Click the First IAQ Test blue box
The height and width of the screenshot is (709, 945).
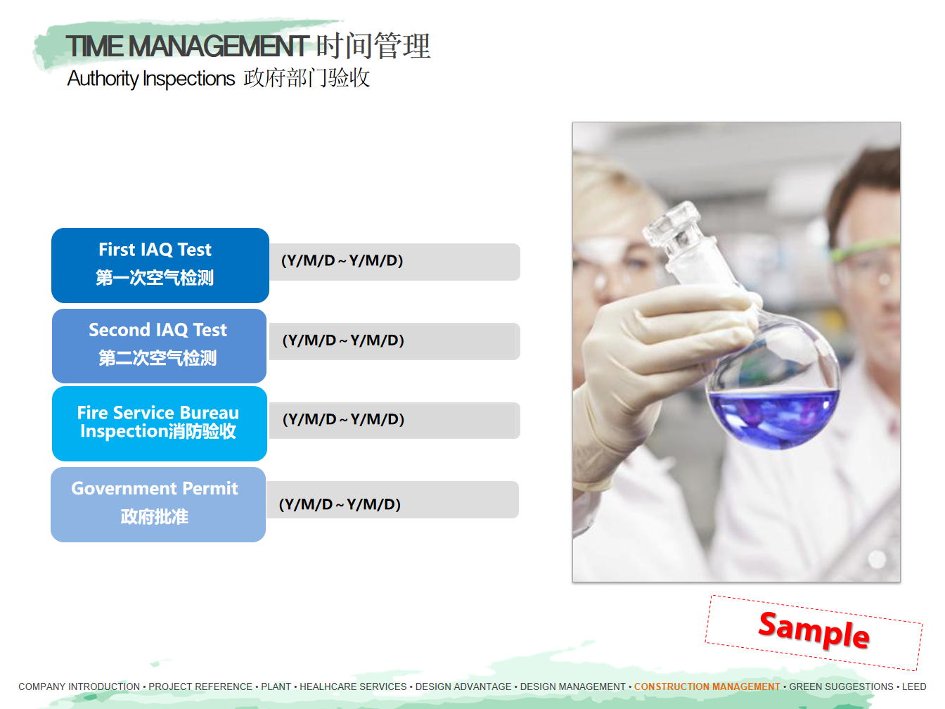(x=160, y=265)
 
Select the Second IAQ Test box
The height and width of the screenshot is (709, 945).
(x=160, y=345)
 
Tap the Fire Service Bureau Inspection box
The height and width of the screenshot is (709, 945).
(x=160, y=423)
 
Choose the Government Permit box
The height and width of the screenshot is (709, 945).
(x=158, y=504)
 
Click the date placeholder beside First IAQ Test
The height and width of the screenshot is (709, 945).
(x=342, y=260)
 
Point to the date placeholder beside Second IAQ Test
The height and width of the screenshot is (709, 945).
(x=343, y=340)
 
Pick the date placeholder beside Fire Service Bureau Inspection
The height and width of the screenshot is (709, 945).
(x=343, y=419)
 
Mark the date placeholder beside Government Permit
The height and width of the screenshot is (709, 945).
(x=340, y=504)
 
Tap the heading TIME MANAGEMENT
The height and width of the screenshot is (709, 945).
(x=187, y=46)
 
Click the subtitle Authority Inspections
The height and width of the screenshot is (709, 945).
(x=150, y=78)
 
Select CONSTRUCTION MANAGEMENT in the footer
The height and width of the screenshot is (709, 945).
(x=707, y=686)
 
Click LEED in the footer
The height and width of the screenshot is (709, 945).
(x=914, y=686)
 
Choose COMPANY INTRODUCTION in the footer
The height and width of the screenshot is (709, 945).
(x=79, y=686)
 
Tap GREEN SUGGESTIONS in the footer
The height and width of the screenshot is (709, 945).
(x=841, y=686)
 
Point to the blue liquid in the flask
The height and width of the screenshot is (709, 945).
(x=773, y=418)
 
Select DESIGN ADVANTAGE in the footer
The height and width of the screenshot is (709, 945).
(x=463, y=686)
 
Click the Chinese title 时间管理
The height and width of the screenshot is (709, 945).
(x=373, y=46)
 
